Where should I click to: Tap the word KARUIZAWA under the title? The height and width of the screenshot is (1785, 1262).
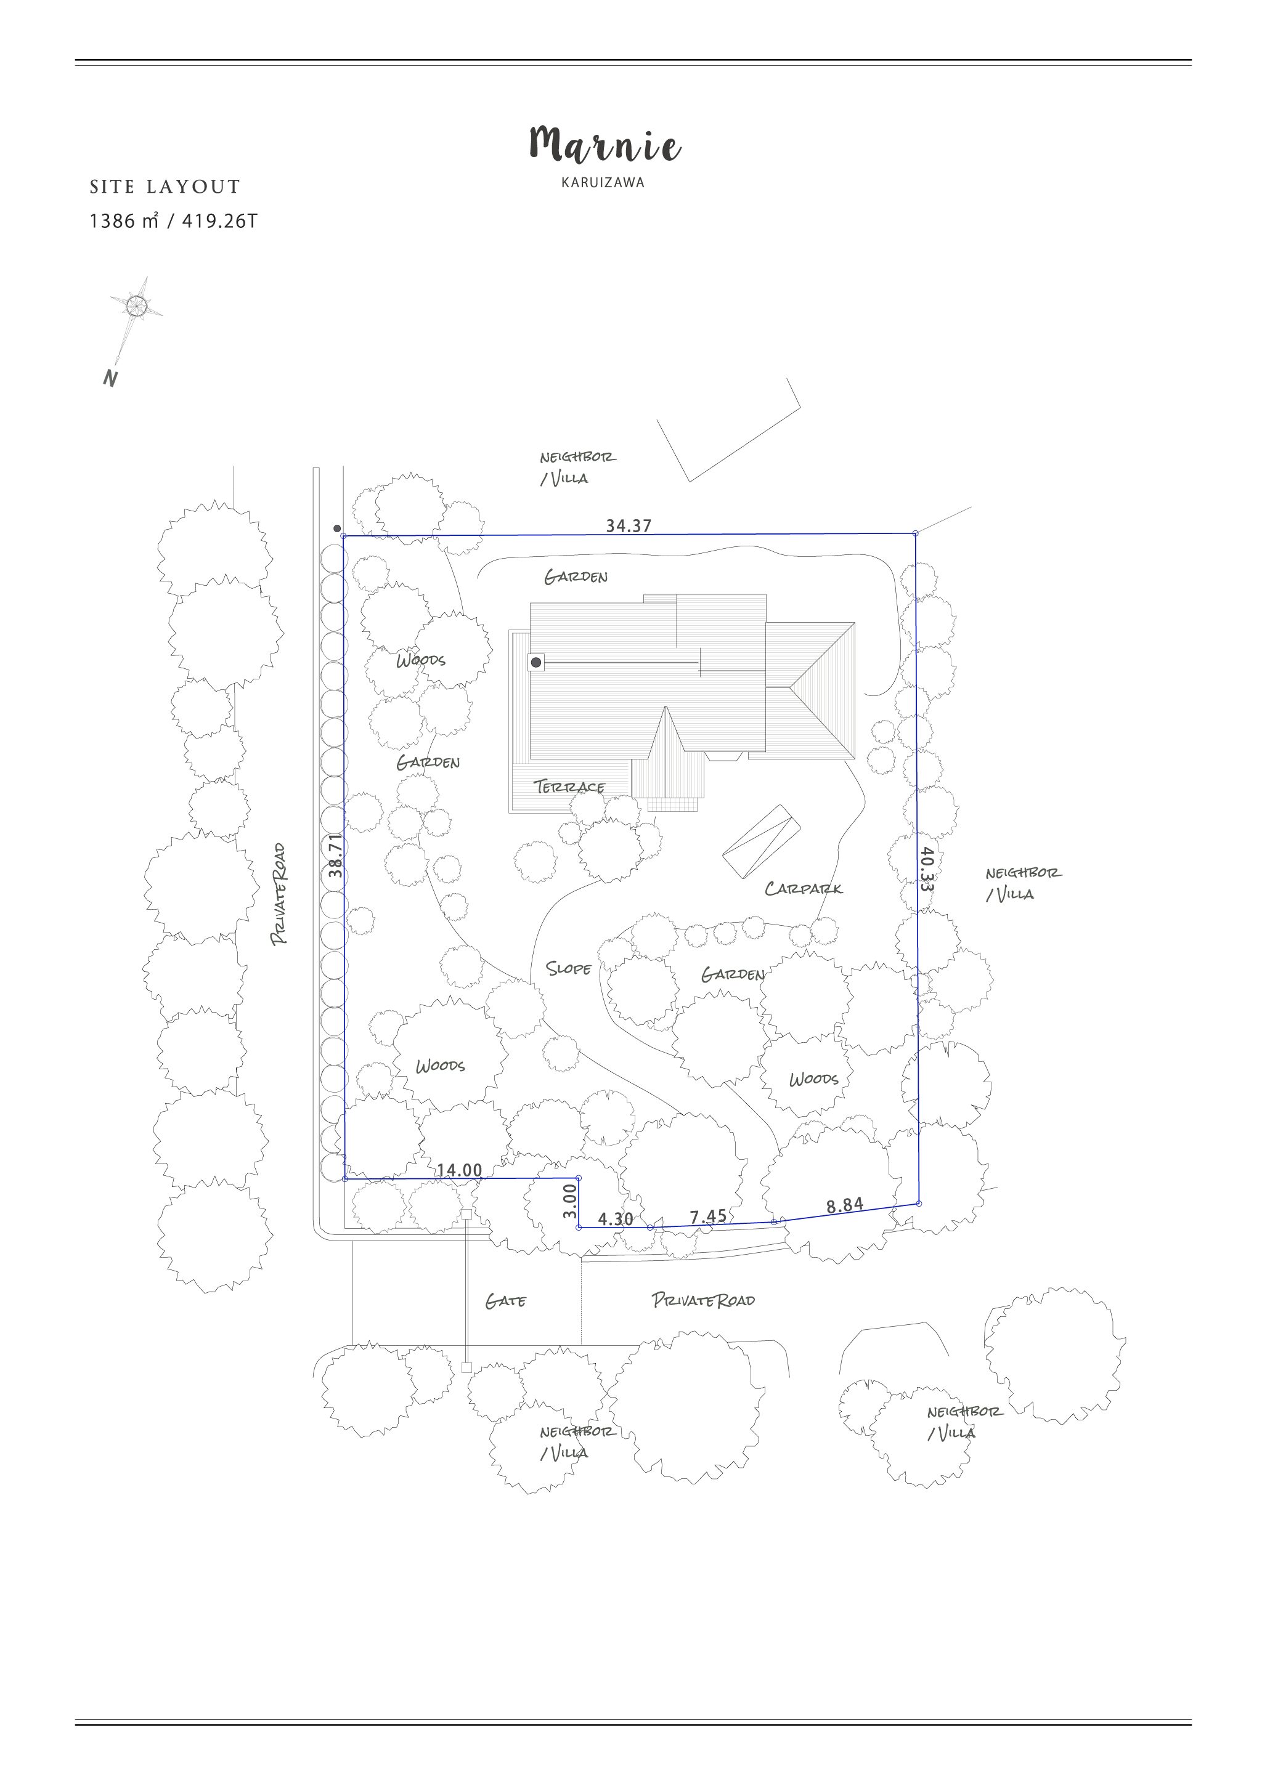[x=603, y=184]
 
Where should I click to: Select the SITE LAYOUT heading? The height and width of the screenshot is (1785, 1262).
[x=165, y=187]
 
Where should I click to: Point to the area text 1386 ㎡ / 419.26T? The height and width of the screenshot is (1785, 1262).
[x=173, y=221]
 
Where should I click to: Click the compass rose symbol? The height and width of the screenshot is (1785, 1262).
[x=136, y=306]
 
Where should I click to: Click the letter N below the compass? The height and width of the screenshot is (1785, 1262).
[x=110, y=379]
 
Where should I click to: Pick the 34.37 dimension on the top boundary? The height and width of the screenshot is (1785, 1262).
[x=629, y=525]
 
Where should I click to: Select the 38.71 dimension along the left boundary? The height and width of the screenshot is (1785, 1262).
[x=335, y=855]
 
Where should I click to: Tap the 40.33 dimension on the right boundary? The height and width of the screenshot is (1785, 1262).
[x=926, y=868]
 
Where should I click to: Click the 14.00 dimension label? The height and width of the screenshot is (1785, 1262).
[x=458, y=1169]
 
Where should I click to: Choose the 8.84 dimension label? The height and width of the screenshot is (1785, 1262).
[x=844, y=1205]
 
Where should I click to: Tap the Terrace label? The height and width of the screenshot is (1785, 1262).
[x=570, y=786]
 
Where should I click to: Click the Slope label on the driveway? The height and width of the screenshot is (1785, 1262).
[x=568, y=968]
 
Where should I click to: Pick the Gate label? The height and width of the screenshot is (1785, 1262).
[x=505, y=1301]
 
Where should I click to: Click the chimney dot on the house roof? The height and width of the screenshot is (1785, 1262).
[x=535, y=662]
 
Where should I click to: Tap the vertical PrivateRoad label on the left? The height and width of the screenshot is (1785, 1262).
[x=279, y=894]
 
